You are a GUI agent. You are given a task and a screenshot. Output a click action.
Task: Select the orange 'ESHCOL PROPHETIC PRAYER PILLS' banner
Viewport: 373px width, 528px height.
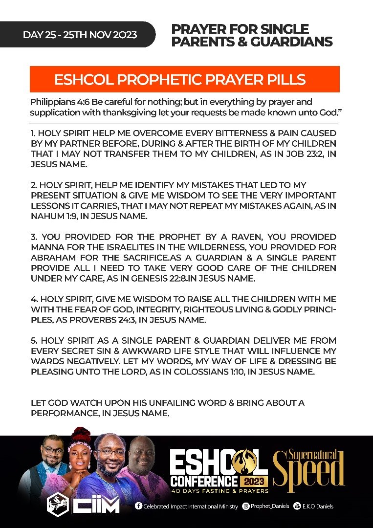(185, 80)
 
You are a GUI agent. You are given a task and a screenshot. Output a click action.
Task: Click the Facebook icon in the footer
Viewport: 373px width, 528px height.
(138, 506)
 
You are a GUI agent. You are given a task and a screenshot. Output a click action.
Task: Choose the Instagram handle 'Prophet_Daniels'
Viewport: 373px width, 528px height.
(269, 506)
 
